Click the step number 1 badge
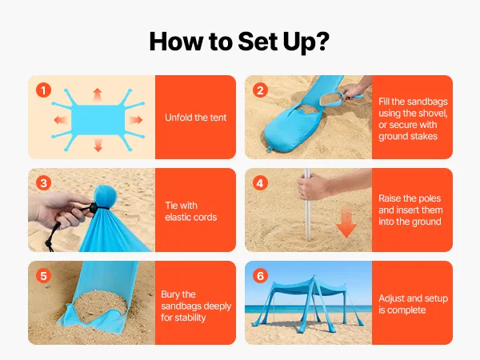coord(43,90)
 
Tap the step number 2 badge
coord(260,90)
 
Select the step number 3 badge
coord(43,183)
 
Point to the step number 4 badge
coord(260,183)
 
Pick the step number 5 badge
coord(43,276)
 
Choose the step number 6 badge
coord(260,276)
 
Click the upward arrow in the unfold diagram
coord(98,95)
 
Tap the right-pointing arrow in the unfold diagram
coord(136,120)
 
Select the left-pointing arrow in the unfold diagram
coord(61,120)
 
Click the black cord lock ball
coord(93,207)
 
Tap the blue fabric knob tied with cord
coord(105,196)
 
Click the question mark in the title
coord(322,41)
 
